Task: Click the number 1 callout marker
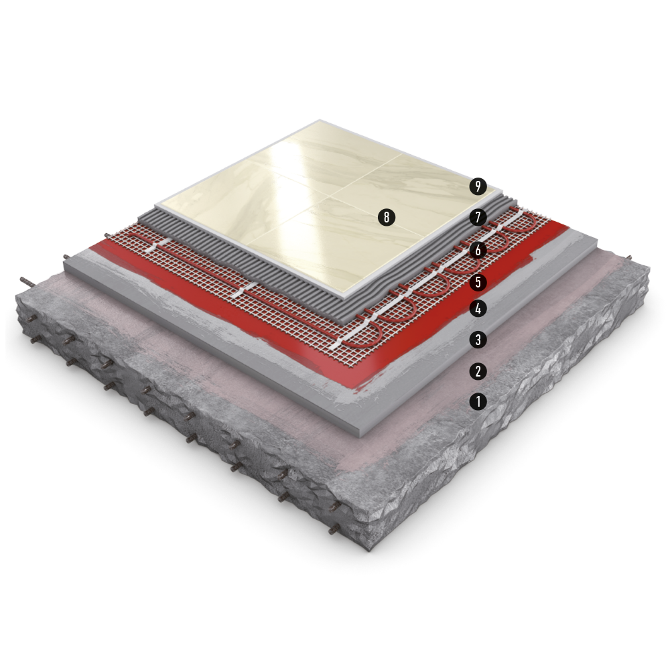click(478, 401)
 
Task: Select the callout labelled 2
click(478, 371)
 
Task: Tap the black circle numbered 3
click(478, 340)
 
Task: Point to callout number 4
click(478, 308)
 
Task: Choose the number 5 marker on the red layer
click(478, 282)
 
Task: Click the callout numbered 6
click(478, 251)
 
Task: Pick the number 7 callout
click(478, 218)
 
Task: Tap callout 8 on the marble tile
click(387, 218)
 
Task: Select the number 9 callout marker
click(478, 186)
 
